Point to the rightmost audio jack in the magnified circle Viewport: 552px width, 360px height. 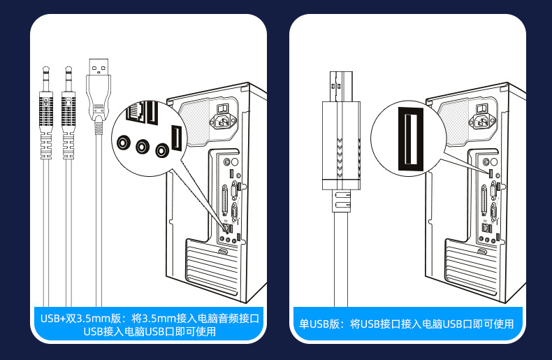tap(164, 150)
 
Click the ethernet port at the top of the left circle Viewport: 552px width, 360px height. tap(140, 112)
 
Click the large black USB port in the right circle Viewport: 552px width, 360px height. tap(406, 138)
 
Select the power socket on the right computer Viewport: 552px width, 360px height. tap(484, 122)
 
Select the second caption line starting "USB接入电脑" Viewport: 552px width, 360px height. tap(149, 331)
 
